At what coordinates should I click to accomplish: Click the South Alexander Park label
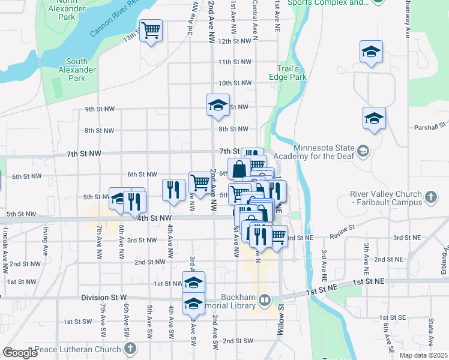[77, 70]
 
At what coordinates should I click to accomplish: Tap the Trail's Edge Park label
[292, 73]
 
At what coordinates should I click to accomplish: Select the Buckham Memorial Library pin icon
[265, 299]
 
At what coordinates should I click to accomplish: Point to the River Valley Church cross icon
[430, 197]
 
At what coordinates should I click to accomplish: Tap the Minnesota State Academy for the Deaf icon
[363, 149]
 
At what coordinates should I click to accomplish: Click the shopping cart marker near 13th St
[151, 31]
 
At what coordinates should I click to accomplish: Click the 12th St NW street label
[234, 41]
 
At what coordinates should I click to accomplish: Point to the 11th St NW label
[234, 62]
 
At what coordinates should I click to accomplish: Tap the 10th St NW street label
[234, 83]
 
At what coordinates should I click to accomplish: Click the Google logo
[20, 352]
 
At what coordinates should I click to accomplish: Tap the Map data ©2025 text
[424, 355]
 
